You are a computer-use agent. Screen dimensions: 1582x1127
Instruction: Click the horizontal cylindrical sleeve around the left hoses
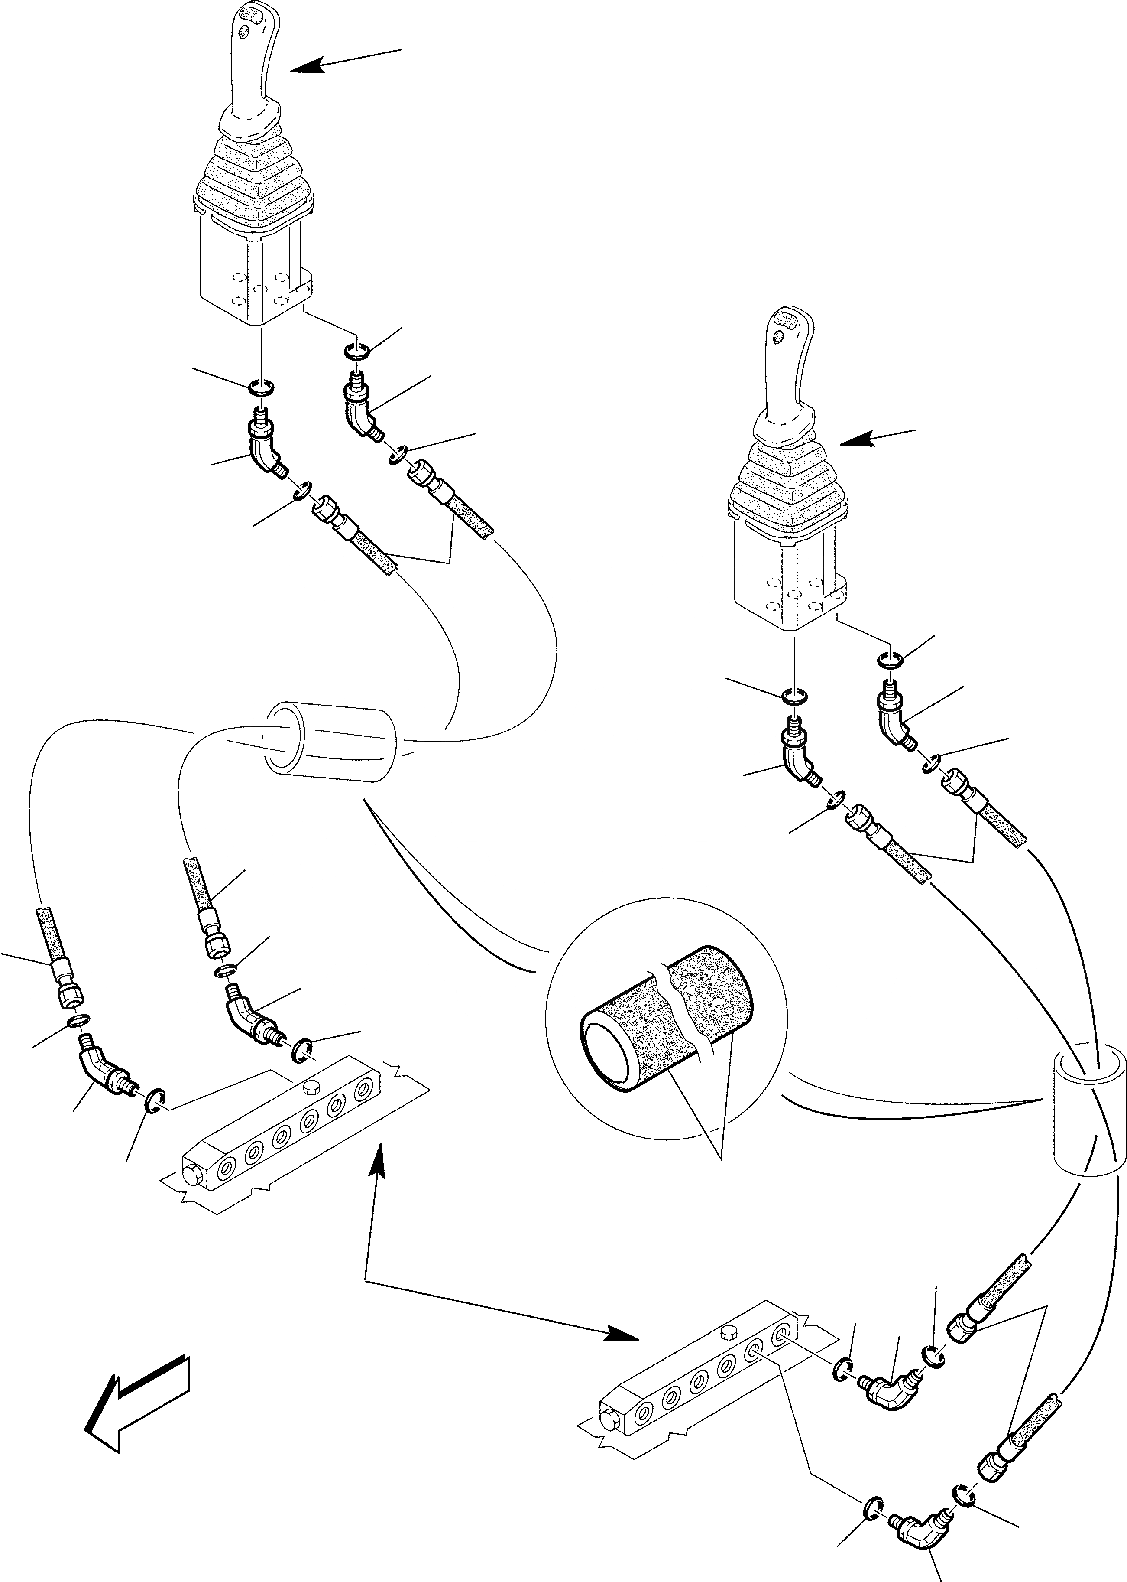click(x=330, y=742)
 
